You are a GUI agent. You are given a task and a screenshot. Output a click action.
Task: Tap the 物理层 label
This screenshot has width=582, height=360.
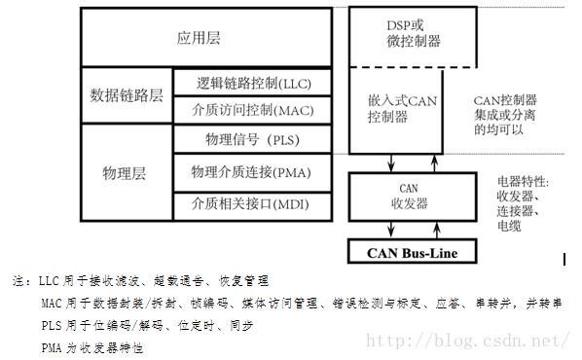pyautogui.click(x=124, y=173)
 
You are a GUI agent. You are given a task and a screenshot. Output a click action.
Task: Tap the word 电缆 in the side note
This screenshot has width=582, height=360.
pyautogui.click(x=511, y=227)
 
